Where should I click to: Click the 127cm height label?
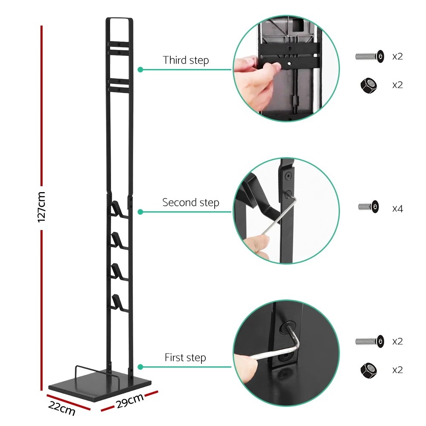point(41,207)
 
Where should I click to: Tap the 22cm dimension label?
point(62,408)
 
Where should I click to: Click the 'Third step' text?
point(186,60)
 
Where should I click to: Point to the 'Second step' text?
point(190,202)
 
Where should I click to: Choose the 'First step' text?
point(185,357)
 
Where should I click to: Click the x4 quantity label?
point(397,209)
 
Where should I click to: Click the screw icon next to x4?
point(368,207)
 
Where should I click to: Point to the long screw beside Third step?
point(369,56)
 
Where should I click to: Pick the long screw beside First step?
point(369,341)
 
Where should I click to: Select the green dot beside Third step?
point(140,69)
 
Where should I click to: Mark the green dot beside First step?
point(140,366)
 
